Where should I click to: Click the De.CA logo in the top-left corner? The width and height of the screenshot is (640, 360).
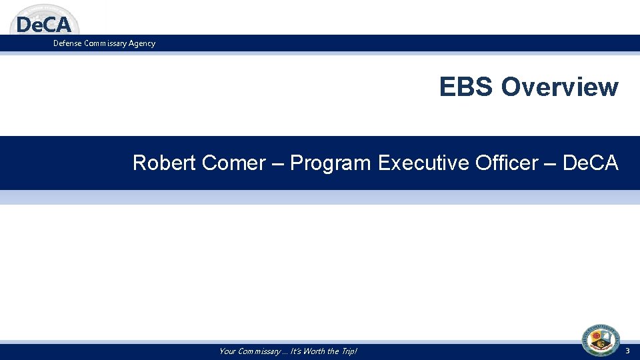(44, 23)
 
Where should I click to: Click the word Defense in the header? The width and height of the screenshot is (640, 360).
(69, 43)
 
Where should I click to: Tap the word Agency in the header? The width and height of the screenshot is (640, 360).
(141, 43)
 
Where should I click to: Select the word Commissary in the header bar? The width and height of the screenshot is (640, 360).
(106, 43)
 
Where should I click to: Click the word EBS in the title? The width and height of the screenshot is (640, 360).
(467, 87)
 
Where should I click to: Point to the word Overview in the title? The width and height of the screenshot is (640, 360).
(559, 87)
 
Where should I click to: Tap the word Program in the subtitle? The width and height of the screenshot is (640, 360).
(330, 163)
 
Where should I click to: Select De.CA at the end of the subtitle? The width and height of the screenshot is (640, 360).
(591, 163)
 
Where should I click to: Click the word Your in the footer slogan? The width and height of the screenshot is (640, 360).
(229, 351)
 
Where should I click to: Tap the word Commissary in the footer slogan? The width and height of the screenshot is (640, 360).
(260, 351)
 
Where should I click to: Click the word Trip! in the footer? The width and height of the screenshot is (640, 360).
(347, 351)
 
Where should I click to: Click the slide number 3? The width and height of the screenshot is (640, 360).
(627, 351)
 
